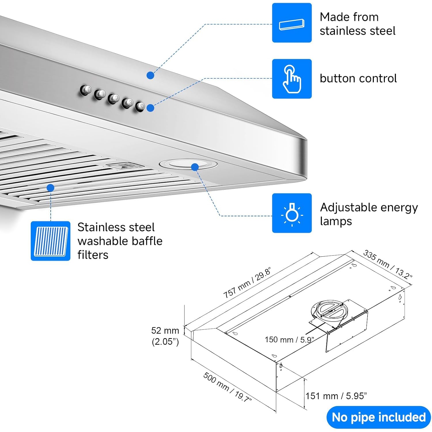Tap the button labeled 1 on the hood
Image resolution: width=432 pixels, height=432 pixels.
click(x=100, y=94)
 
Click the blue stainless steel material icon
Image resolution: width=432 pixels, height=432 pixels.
click(x=292, y=23)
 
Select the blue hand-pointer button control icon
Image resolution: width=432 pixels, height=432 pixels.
click(x=292, y=79)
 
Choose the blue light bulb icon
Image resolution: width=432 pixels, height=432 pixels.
click(x=292, y=213)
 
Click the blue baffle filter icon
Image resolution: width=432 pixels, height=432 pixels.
click(x=50, y=241)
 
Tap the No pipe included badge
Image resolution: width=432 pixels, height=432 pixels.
click(x=378, y=417)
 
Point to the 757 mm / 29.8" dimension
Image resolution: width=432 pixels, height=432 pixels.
click(x=247, y=284)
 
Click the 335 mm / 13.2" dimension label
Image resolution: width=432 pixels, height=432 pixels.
click(x=387, y=264)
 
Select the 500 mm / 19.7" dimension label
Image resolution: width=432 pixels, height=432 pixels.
click(x=228, y=387)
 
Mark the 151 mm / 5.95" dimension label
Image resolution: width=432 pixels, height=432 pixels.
click(x=336, y=396)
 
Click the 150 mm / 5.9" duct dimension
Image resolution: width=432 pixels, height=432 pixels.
click(x=289, y=340)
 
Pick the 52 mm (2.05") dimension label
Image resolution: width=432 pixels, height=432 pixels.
click(x=165, y=336)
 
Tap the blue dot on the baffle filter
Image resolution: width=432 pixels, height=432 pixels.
click(x=50, y=188)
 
